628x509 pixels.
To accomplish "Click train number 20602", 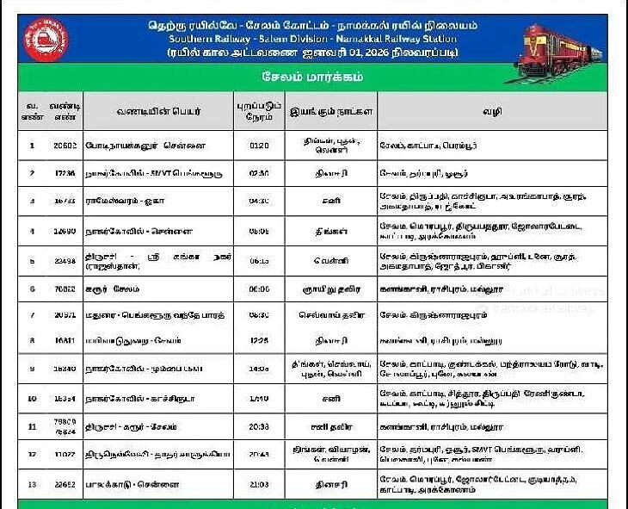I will (65, 145).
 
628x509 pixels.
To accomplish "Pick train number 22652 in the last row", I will (65, 484).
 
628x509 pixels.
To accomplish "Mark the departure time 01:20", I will (259, 145).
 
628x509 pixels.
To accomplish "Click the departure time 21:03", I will (259, 484).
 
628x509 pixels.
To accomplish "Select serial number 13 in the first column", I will (32, 484).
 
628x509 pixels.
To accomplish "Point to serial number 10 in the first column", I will (32, 399).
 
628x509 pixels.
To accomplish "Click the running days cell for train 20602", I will (331, 145).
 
